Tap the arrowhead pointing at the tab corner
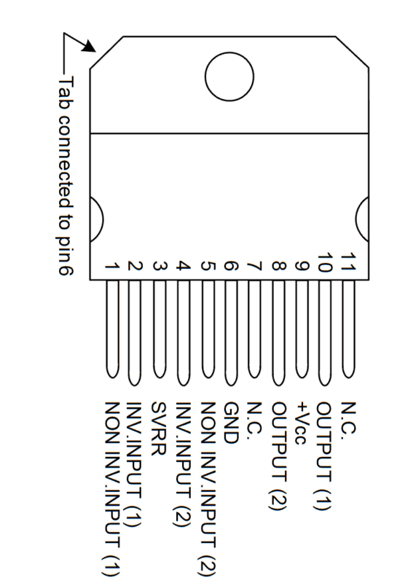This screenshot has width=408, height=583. pyautogui.click(x=89, y=46)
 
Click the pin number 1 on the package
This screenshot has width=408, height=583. pyautogui.click(x=111, y=266)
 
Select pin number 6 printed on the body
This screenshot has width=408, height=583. pyautogui.click(x=231, y=266)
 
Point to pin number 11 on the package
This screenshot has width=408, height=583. pyautogui.click(x=349, y=262)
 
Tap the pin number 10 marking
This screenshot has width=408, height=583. pyautogui.click(x=325, y=262)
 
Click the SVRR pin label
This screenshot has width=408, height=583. pyautogui.click(x=158, y=429)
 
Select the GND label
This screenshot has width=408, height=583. pyautogui.click(x=231, y=423)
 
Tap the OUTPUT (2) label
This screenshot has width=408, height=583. pyautogui.click(x=279, y=456)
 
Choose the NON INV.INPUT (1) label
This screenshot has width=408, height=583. pyautogui.click(x=112, y=488)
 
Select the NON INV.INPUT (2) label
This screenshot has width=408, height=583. pyautogui.click(x=208, y=488)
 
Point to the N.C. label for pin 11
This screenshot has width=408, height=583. pyautogui.click(x=349, y=418)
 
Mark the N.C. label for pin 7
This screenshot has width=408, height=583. pyautogui.click(x=255, y=418)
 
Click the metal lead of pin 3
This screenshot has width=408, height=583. pyautogui.click(x=160, y=329)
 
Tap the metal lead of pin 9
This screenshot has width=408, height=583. pyautogui.click(x=302, y=329)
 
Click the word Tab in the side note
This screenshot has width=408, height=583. pyautogui.click(x=66, y=93)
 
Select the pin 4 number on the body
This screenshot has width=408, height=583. pyautogui.click(x=183, y=266)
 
